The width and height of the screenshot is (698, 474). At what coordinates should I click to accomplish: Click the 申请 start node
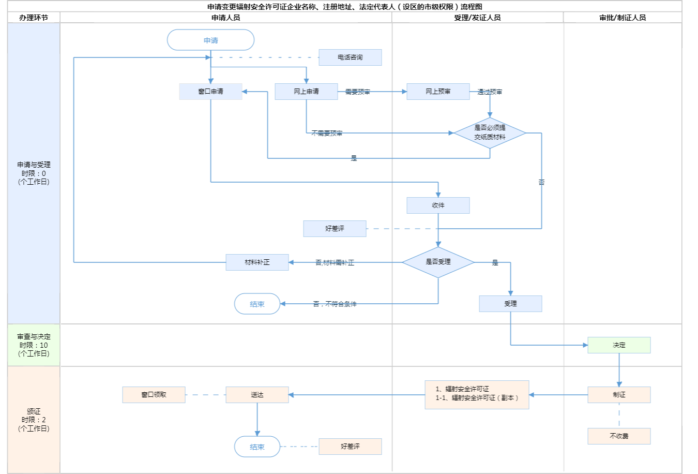210,40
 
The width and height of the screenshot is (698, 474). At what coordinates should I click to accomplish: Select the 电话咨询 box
350,57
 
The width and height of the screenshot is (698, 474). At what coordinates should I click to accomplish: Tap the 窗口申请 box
210,92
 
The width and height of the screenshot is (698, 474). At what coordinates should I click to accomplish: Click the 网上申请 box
306,92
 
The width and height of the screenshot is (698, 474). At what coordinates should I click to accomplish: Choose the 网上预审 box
438,92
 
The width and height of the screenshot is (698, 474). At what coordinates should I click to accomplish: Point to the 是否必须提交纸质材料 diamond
490,132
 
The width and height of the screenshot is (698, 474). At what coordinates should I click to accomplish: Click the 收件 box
438,205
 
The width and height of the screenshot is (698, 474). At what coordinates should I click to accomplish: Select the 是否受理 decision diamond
438,262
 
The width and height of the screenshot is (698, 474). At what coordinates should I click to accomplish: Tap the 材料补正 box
257,262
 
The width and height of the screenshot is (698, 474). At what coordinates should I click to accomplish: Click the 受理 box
510,304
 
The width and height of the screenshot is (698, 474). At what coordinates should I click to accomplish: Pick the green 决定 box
619,345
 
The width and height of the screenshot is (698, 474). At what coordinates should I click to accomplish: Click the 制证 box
619,395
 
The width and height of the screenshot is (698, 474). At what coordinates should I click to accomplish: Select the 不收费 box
619,436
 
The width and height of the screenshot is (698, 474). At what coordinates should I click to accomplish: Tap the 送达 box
257,395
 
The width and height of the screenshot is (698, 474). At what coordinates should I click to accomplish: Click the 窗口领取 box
154,395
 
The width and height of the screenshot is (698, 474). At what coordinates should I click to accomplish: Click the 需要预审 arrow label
358,92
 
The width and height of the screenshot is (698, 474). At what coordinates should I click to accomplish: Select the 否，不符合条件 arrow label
335,304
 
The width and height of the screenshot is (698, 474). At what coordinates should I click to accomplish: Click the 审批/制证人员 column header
623,18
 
